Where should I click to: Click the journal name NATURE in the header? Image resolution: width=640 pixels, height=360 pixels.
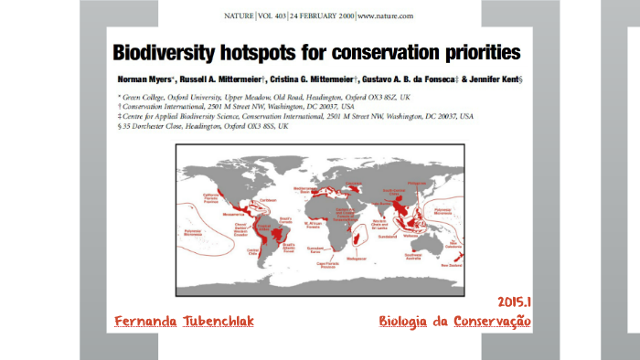click(242, 16)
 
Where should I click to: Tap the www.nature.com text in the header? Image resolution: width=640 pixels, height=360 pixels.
click(384, 16)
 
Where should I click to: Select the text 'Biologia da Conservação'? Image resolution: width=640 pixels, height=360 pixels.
click(455, 322)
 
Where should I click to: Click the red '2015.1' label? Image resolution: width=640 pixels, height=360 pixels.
click(515, 302)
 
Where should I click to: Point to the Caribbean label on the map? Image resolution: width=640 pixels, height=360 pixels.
click(267, 199)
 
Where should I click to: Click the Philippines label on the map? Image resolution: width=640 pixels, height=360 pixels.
click(420, 184)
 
